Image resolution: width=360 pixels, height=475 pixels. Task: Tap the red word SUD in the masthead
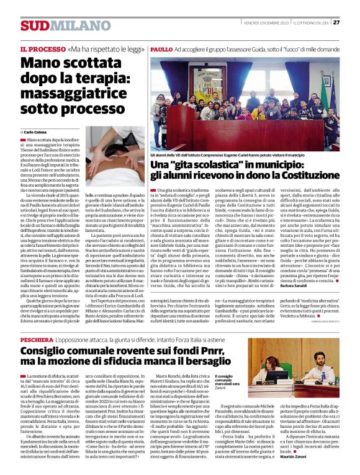[x=34, y=25]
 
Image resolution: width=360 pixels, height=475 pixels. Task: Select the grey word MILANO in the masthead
[x=70, y=25]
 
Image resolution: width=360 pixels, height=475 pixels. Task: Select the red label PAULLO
[x=161, y=48]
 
